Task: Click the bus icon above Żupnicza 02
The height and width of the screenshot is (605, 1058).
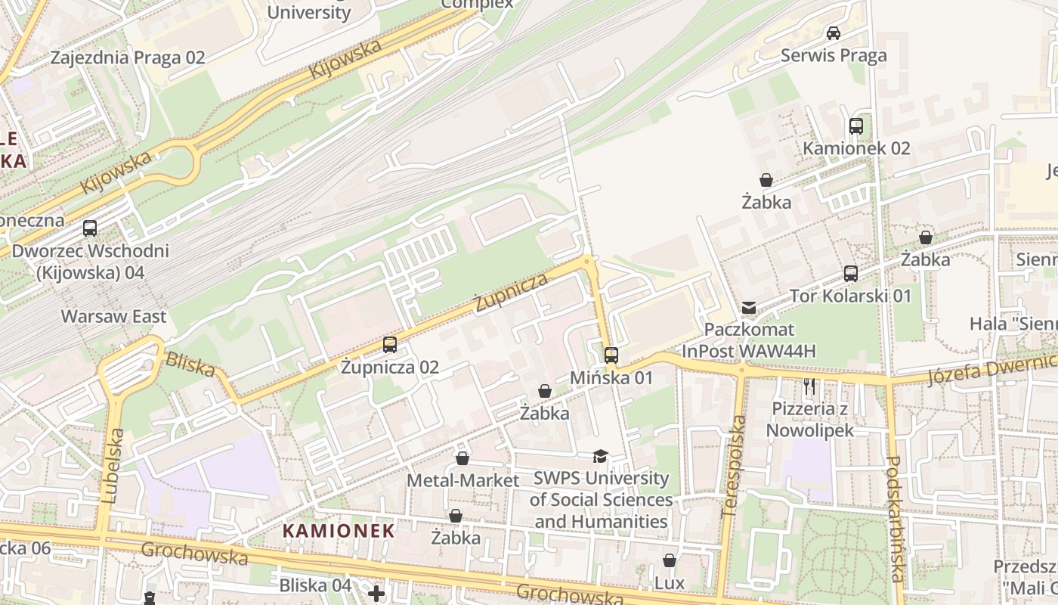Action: point(390,345)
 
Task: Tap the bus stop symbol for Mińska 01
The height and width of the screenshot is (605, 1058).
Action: point(611,355)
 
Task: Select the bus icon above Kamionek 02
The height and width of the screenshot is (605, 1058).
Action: point(856,126)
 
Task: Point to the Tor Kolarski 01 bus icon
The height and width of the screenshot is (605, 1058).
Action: point(851,274)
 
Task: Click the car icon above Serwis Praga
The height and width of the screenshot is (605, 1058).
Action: point(834,33)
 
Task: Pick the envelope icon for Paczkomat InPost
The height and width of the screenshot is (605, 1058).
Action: point(749,308)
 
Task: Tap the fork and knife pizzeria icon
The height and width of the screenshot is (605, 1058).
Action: point(809,387)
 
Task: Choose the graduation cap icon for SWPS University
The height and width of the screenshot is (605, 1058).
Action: point(600,456)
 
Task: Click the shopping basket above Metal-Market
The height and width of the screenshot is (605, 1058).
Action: point(462,459)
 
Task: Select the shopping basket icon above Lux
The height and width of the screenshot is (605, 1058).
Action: point(670,560)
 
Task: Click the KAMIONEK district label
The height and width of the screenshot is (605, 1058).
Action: point(339,531)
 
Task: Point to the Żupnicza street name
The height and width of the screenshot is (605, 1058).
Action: point(511,292)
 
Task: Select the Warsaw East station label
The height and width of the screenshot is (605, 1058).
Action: point(113,316)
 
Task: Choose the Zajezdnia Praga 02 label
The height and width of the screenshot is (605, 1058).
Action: point(128,57)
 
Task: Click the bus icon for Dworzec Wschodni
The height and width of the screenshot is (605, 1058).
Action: point(90,228)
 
